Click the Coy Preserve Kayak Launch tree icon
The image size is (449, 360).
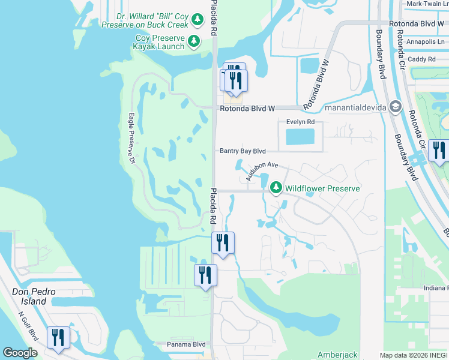(194, 41)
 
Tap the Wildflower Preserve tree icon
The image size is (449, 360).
(276, 188)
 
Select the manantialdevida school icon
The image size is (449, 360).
(395, 107)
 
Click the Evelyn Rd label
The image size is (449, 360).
(301, 121)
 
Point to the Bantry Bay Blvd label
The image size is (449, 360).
(243, 151)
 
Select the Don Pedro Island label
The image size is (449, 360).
(35, 296)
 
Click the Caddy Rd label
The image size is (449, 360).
(421, 59)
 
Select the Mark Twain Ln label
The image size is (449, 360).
(427, 4)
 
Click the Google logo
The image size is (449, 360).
(20, 353)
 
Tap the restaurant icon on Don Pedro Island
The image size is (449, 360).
(58, 338)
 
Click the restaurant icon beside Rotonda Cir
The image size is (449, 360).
(439, 150)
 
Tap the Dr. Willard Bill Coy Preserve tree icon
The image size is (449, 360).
(197, 20)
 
